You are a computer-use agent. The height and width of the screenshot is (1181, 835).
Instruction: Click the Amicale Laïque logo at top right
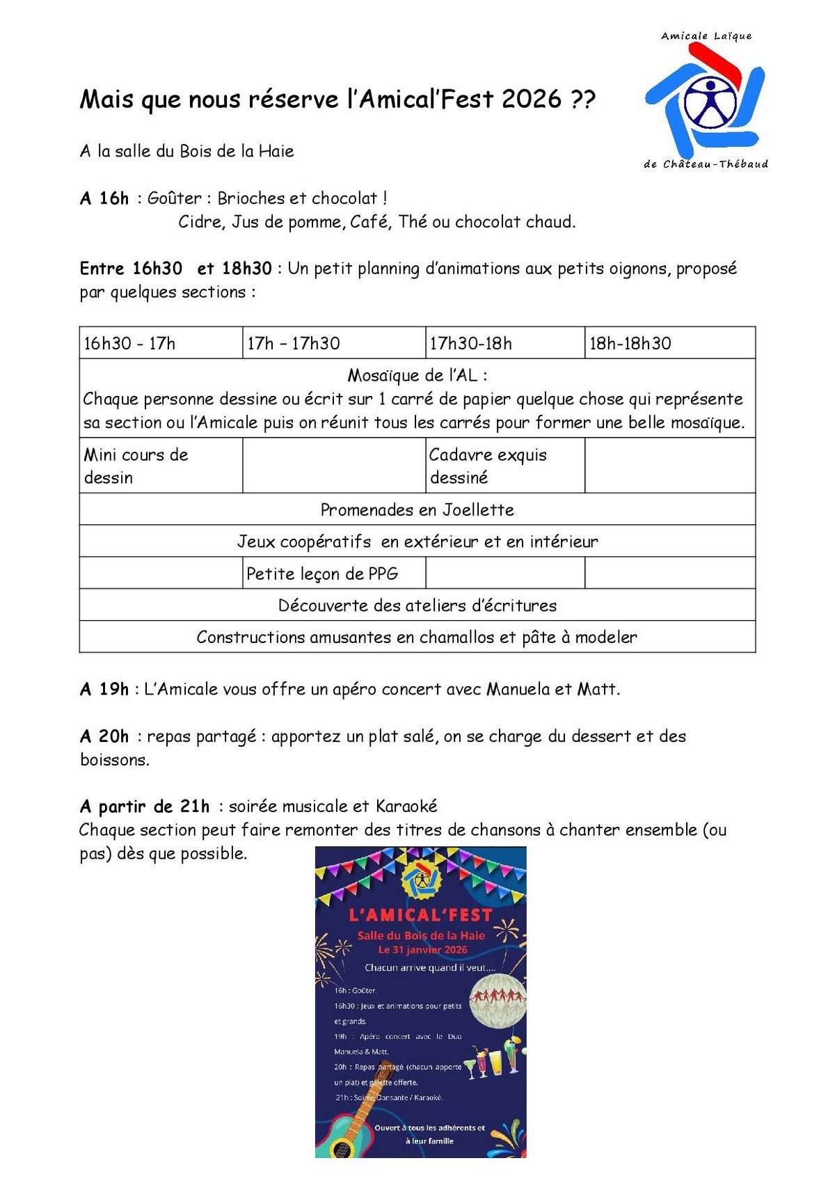[x=706, y=100]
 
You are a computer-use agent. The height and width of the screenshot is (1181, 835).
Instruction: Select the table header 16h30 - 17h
[x=129, y=343]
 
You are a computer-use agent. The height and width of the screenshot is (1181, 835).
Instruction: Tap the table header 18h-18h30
[x=630, y=343]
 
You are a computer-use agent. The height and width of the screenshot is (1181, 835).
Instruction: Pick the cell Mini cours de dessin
[x=136, y=466]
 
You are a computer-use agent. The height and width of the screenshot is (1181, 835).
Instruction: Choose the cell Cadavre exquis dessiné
[x=488, y=466]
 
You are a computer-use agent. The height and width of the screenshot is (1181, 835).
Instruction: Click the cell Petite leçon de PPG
[x=322, y=573]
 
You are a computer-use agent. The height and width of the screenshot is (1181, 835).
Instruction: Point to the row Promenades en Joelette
[x=417, y=509]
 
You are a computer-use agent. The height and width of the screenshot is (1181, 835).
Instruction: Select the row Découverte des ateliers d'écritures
[x=417, y=605]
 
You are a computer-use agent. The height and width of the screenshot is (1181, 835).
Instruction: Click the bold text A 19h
[x=104, y=689]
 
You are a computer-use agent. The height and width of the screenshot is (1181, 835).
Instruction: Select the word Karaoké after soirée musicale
[x=406, y=806]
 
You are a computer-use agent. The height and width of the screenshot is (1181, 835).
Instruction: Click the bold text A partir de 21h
[x=145, y=806]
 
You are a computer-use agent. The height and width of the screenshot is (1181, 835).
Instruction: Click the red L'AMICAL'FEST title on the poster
[x=420, y=914]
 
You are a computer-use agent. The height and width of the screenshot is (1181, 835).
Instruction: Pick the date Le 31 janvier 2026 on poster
[x=422, y=949]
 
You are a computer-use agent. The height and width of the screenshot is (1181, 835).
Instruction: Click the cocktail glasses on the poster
[x=494, y=1059]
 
